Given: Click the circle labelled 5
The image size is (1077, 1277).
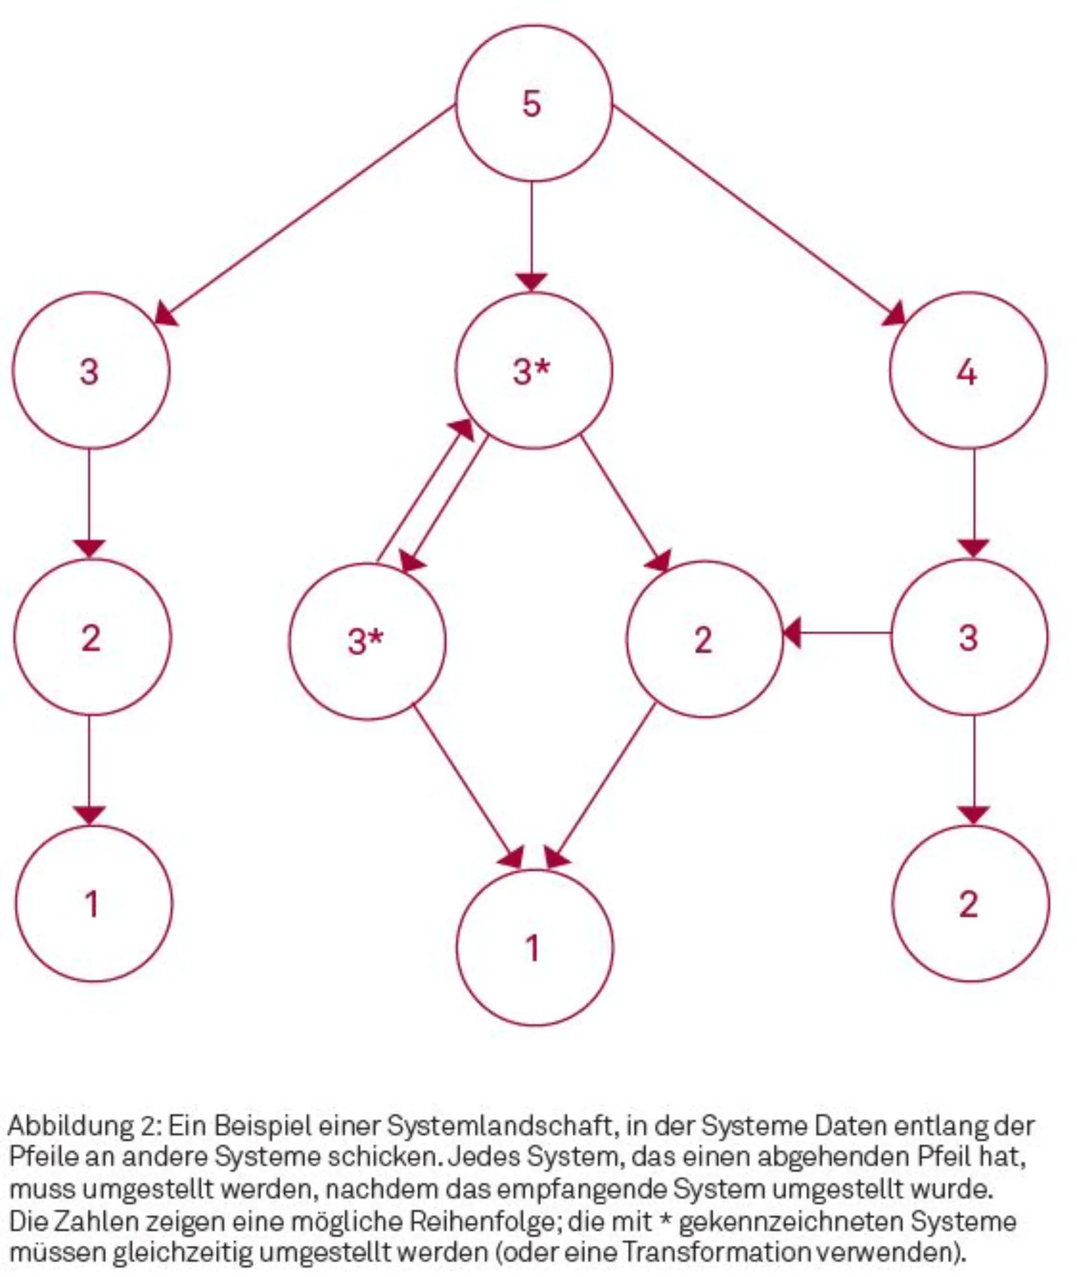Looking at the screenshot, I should pos(533,104).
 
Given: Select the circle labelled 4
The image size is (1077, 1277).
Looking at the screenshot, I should pos(968,371).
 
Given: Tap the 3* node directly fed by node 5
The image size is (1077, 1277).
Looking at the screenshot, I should pos(533,371).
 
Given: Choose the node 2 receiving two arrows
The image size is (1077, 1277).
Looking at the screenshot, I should pos(704,640).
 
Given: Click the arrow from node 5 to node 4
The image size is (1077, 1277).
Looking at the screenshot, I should pos(757,214).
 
